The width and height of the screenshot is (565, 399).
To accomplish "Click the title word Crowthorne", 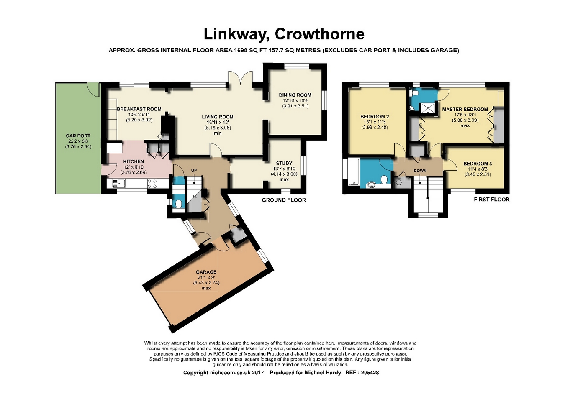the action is point(320,34).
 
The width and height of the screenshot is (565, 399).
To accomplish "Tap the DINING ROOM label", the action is point(295,95).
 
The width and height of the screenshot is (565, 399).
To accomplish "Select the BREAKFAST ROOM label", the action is point(139,109).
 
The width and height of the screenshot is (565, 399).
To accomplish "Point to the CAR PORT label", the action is point(78,136).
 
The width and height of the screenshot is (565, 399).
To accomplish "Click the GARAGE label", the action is point(206,272).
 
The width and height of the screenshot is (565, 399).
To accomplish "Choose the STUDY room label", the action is point(284,163).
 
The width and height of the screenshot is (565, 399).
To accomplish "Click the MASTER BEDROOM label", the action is point(465,110).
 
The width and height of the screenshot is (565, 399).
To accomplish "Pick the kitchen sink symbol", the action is point(119,183).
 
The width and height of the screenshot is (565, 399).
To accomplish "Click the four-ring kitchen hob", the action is point(152,184).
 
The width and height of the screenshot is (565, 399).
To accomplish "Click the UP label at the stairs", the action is point(194,170).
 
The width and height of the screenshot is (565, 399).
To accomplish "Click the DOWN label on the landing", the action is point(420,171).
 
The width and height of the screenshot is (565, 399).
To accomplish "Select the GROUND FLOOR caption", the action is point(284,200).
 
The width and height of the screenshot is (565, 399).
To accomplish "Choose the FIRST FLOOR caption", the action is point(492,199).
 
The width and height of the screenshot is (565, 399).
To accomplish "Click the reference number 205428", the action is point(370,373).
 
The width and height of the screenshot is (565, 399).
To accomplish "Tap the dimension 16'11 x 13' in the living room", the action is point(218,122).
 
